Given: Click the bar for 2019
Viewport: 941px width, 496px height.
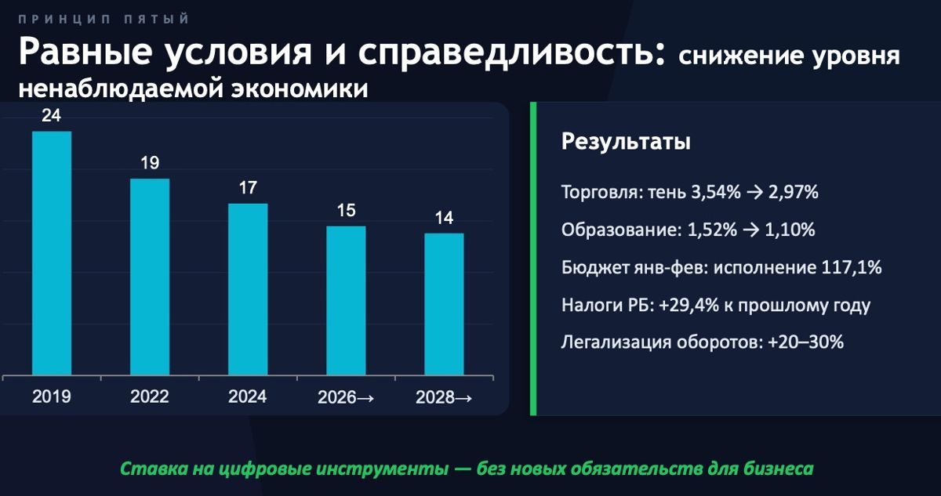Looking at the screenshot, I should [x=52, y=252].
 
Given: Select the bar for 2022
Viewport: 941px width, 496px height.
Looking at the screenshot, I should [x=150, y=277].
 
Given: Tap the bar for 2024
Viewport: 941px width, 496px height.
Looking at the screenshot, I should [x=248, y=288].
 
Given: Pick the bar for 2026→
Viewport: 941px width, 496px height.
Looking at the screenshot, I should [x=346, y=300].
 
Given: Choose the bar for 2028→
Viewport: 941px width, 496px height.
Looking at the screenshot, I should [x=444, y=304].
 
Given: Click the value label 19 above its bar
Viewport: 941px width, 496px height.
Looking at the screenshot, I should [x=150, y=164].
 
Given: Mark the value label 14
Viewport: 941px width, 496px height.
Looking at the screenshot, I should [x=444, y=218].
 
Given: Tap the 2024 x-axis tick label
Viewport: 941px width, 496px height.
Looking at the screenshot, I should [x=248, y=397].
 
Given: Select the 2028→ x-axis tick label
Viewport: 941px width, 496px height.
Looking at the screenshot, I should [x=444, y=398].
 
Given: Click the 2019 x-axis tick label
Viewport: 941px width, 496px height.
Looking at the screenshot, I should [x=52, y=397].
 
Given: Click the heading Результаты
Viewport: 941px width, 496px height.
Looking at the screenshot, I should [x=626, y=143].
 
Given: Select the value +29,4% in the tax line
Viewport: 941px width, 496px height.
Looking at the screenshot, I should [x=688, y=305].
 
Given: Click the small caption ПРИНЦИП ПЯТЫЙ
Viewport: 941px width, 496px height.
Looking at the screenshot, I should [x=103, y=18].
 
